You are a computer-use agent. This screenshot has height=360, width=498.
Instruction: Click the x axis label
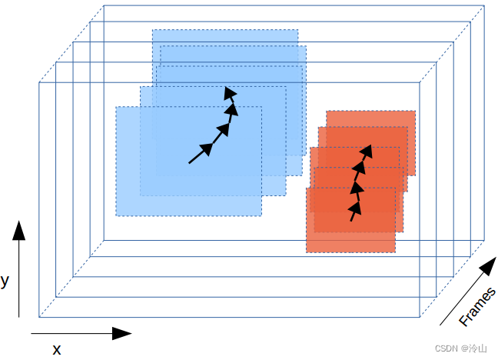(56, 349)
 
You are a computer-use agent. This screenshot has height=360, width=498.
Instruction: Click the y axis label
(5, 281)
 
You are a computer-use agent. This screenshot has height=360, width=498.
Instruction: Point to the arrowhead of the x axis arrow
(121, 333)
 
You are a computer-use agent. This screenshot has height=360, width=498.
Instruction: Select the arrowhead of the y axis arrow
(19, 231)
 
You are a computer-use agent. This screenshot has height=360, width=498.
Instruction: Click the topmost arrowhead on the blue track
(229, 94)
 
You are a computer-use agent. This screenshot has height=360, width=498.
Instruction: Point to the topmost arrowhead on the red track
(367, 151)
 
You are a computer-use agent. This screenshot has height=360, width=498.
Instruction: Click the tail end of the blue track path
(190, 162)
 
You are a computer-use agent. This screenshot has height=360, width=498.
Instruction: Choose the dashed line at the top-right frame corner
(453, 43)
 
